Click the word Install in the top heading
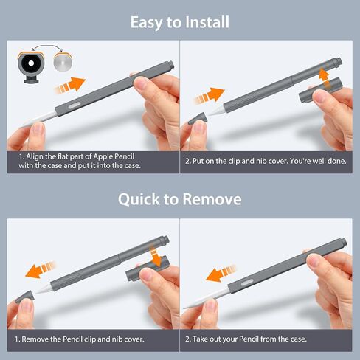207,22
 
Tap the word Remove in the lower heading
212,199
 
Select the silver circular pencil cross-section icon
63,62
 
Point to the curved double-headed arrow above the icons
46,46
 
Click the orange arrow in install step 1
69,85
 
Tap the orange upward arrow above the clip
325,78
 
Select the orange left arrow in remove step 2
221,274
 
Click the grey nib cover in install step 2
198,119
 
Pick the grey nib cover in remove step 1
24,297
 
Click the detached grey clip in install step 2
321,91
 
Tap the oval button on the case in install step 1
74,105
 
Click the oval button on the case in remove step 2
247,283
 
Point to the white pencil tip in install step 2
215,111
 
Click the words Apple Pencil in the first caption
114,156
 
